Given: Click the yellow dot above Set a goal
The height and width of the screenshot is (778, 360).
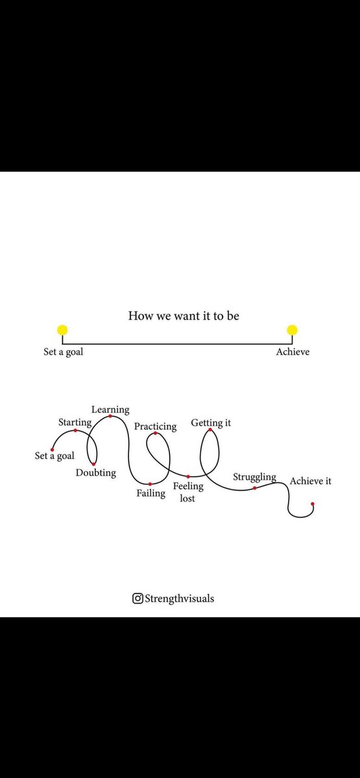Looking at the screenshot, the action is point(62,330).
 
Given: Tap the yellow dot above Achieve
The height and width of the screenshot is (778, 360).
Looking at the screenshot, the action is point(293,330).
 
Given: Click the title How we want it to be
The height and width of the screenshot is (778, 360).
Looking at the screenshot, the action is point(184,316).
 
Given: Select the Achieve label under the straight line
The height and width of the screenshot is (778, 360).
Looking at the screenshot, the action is point(293,352).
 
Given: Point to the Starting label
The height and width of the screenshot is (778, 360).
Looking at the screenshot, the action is point(75,422).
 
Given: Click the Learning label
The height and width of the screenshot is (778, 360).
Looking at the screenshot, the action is point(110,410).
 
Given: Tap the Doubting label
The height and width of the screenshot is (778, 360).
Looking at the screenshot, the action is point(96,473).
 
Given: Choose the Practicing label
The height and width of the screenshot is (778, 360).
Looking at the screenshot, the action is point(155,427).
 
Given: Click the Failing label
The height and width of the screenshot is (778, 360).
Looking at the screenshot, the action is point(150,493).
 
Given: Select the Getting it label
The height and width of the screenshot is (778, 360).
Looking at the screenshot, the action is point(211,423).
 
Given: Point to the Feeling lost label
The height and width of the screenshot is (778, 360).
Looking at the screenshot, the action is point(188,492).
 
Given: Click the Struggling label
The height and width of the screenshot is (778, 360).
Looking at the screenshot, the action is point(255,477).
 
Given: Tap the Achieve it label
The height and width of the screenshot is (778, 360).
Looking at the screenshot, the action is point(311,481).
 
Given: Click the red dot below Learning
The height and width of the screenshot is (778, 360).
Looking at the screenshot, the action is point(110,416).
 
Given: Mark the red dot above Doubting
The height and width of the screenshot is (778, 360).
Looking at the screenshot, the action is point(93,464).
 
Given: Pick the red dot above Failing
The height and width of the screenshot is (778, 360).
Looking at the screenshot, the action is point(150,484).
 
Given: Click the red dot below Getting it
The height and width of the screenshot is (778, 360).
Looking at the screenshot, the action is point(210,430).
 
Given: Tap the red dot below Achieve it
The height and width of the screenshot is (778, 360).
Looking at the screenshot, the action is point(313,504).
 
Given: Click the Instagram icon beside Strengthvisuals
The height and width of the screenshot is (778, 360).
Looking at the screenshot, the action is point(138,598).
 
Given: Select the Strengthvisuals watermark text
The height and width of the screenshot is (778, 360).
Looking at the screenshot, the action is point(179,599).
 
